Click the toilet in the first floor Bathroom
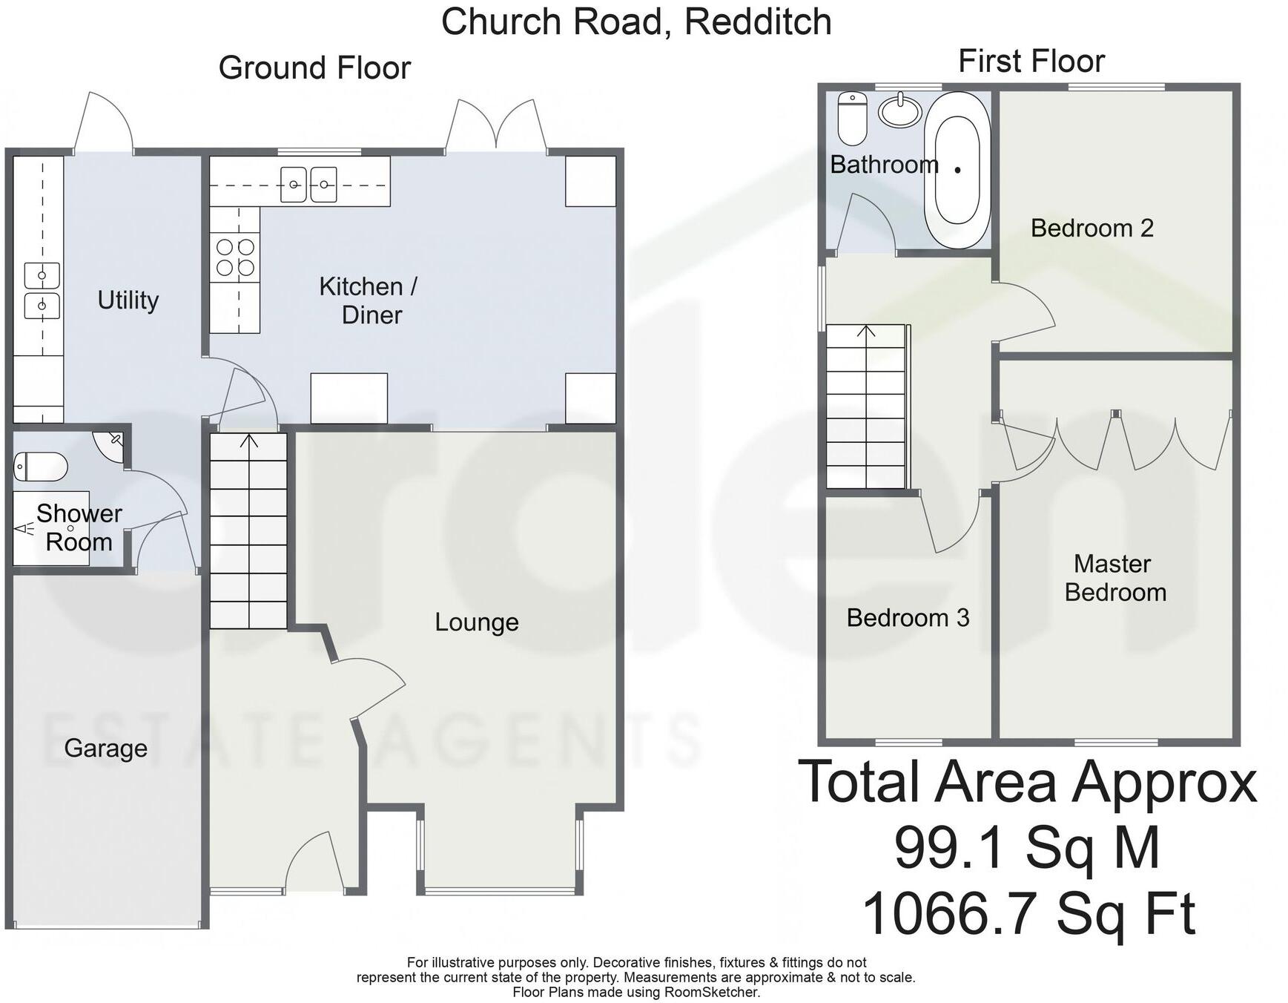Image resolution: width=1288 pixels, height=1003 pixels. (852, 119)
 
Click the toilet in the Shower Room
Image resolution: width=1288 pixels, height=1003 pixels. (41, 467)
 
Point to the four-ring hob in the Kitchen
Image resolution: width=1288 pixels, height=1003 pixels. (235, 257)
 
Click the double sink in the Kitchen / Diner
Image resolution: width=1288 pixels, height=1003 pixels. (308, 185)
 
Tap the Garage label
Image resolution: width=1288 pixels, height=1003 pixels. (105, 748)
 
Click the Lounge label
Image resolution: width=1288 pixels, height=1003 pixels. (476, 622)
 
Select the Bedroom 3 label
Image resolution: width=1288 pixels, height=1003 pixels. (908, 618)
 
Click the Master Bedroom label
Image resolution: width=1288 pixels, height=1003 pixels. (1114, 578)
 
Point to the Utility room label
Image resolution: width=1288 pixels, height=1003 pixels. (128, 300)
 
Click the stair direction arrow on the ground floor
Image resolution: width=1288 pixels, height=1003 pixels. (249, 443)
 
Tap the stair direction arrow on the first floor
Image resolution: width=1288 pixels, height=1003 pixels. (866, 332)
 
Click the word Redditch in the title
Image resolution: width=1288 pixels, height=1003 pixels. (757, 22)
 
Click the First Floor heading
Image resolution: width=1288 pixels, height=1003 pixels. (1031, 61)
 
